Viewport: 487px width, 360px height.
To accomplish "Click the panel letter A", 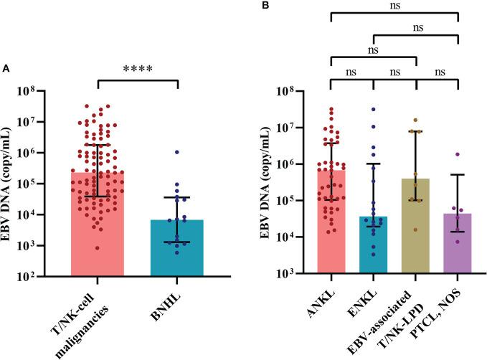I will (x=6, y=68).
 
